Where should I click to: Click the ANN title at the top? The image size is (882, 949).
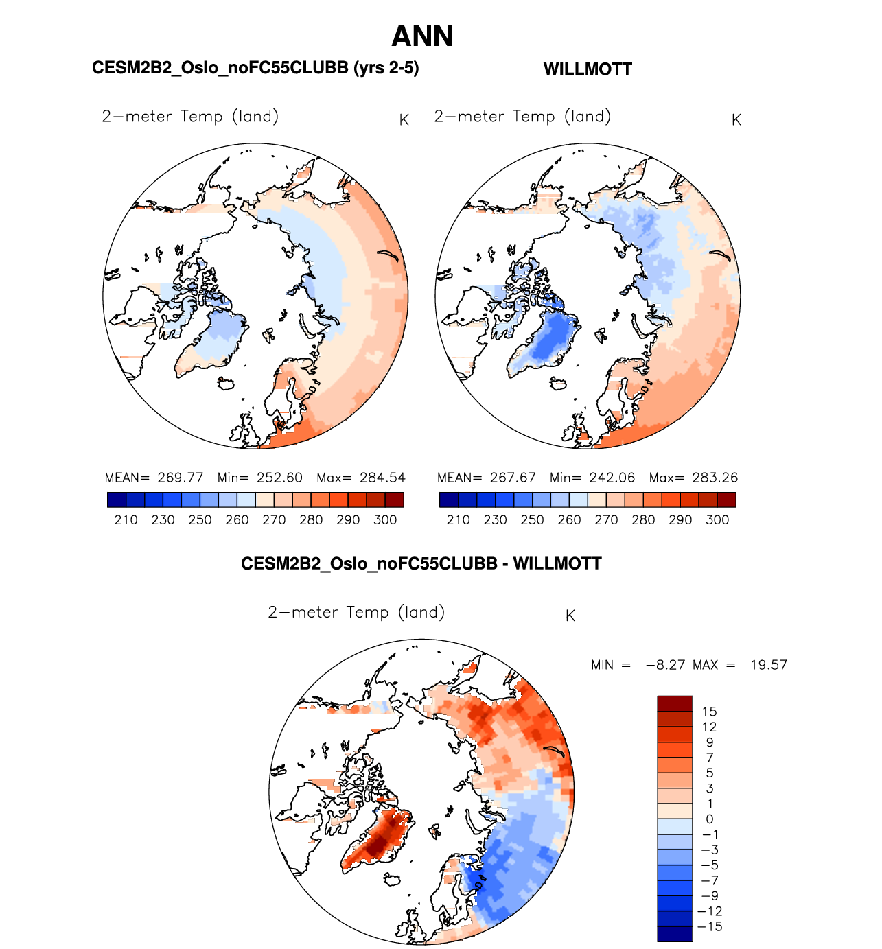[422, 36]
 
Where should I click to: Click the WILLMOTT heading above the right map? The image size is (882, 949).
[588, 69]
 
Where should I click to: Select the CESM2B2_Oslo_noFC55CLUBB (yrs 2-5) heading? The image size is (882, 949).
[255, 68]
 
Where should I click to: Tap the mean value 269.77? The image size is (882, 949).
[180, 478]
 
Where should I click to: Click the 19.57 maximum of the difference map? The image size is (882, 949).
[768, 665]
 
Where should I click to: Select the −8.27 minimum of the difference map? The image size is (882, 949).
[666, 665]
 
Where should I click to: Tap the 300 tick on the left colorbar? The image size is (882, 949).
[385, 520]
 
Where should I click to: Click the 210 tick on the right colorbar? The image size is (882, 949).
[458, 520]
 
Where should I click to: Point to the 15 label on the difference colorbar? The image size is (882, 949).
[709, 712]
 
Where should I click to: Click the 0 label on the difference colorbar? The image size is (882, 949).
[709, 819]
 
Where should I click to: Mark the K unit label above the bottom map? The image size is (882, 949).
[570, 616]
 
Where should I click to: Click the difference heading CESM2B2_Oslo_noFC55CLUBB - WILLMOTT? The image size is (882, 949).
[421, 564]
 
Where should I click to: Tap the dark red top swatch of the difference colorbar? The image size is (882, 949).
[675, 704]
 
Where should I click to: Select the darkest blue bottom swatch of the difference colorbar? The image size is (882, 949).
[675, 934]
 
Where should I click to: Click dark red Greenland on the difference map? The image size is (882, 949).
[377, 841]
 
